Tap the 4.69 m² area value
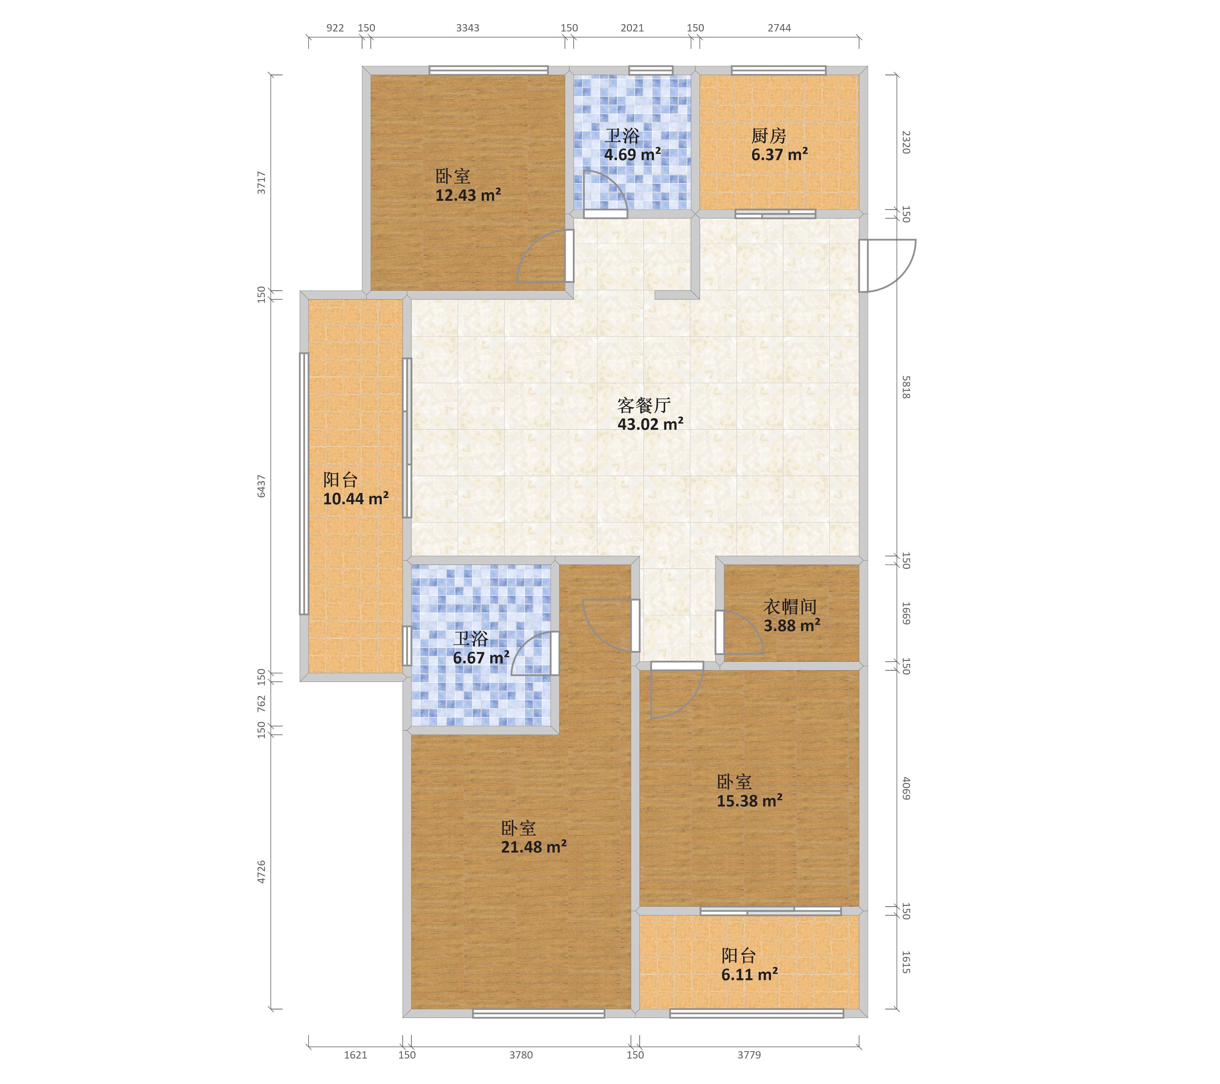[633, 154]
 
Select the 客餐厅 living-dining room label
[644, 406]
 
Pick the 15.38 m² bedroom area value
[750, 801]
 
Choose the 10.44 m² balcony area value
[356, 499]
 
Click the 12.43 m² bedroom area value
[468, 195]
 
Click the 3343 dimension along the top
[467, 28]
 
